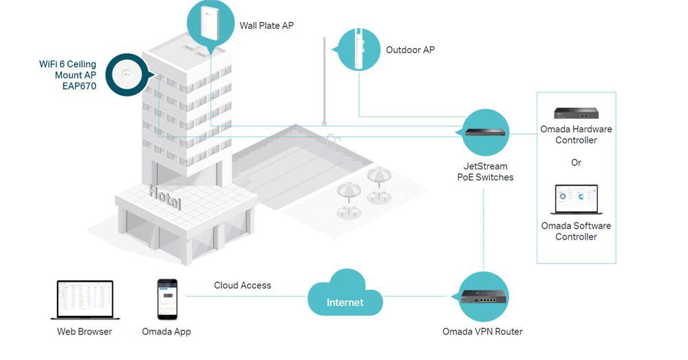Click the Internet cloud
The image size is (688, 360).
pyautogui.click(x=345, y=297)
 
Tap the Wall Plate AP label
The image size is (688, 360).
pyautogui.click(x=266, y=25)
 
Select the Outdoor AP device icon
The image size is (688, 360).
pyautogui.click(x=358, y=48)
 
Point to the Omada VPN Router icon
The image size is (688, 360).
pyautogui.click(x=484, y=297)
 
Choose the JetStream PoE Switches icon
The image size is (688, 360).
pyautogui.click(x=485, y=132)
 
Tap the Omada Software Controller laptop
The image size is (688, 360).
pyautogui.click(x=576, y=200)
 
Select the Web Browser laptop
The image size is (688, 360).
pyautogui.click(x=84, y=299)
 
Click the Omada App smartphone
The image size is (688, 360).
pyautogui.click(x=166, y=299)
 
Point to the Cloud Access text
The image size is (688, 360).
pyautogui.click(x=242, y=285)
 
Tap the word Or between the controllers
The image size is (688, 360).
pyautogui.click(x=576, y=162)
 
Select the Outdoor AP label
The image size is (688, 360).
pyautogui.click(x=410, y=50)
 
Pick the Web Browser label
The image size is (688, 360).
pyautogui.click(x=84, y=332)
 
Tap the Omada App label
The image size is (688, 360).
pyautogui.click(x=166, y=332)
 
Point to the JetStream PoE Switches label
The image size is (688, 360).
pyautogui.click(x=485, y=171)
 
